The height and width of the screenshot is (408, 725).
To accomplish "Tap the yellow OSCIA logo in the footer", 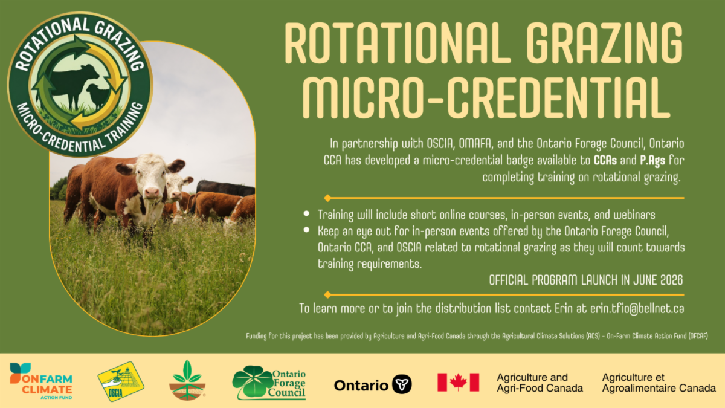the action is pos(121,381).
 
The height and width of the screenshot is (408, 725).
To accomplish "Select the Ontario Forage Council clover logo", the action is pos(269,383).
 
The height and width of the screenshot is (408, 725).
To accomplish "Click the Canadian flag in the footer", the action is pos(459,382).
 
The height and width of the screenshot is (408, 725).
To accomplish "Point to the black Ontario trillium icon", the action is pos(402,384).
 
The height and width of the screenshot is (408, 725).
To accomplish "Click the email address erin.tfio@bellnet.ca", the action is pos(637,309).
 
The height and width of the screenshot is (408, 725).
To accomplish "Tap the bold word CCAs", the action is pos(605,160).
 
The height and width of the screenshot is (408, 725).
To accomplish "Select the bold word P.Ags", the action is pos(652,161).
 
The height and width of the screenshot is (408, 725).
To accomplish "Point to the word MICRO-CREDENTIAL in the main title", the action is pos(486,97).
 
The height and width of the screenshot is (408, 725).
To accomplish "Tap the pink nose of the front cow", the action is pos(152,193).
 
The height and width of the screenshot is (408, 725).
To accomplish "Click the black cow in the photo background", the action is pos(225,188).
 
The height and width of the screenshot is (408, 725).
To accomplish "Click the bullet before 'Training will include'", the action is pos(306,213).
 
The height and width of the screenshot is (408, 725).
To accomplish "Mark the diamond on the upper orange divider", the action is pos(327,198).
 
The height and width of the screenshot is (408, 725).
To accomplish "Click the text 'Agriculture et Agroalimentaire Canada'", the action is pos(659,383).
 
